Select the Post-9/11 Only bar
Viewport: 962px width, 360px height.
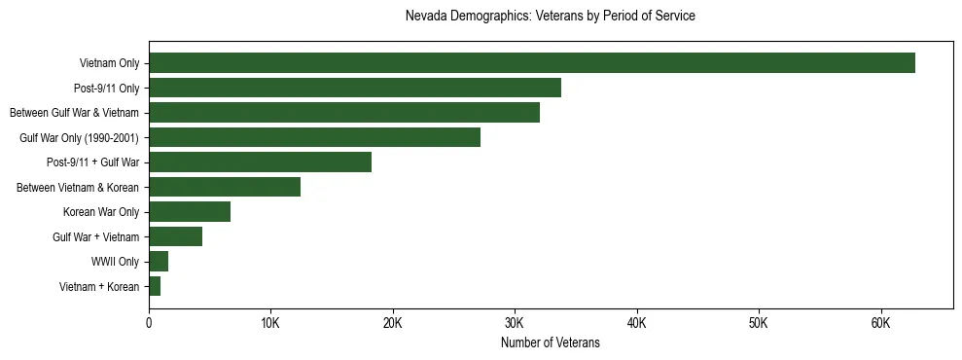click(354, 88)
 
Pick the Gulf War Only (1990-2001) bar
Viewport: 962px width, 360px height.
click(314, 137)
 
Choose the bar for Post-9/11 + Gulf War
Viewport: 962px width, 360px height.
click(260, 162)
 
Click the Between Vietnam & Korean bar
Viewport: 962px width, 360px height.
click(224, 187)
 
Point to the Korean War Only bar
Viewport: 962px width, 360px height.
click(189, 212)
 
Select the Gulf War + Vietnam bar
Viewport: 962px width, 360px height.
click(175, 236)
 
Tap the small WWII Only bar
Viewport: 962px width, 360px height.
click(158, 261)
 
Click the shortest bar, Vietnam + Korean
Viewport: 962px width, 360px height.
click(154, 286)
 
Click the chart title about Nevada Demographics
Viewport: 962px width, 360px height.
click(550, 17)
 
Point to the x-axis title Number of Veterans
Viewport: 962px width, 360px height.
click(550, 343)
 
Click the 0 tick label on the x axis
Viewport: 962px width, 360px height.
click(149, 323)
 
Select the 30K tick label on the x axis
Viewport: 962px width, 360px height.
click(515, 323)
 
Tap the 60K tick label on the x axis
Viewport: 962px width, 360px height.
click(880, 323)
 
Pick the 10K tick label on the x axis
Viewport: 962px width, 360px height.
click(270, 323)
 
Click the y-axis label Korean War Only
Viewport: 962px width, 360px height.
click(101, 212)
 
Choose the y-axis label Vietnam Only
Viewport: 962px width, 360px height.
click(109, 64)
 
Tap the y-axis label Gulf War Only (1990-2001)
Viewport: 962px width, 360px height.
click(79, 138)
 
